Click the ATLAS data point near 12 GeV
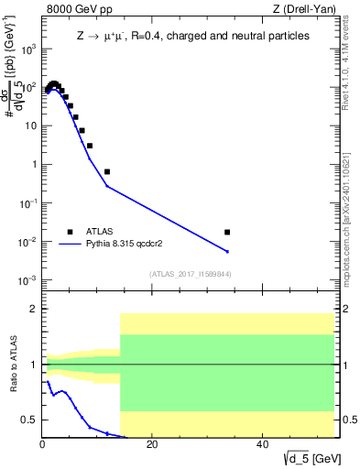pos(107,171)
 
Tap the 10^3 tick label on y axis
pos(28,49)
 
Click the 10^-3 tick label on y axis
pos(28,280)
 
